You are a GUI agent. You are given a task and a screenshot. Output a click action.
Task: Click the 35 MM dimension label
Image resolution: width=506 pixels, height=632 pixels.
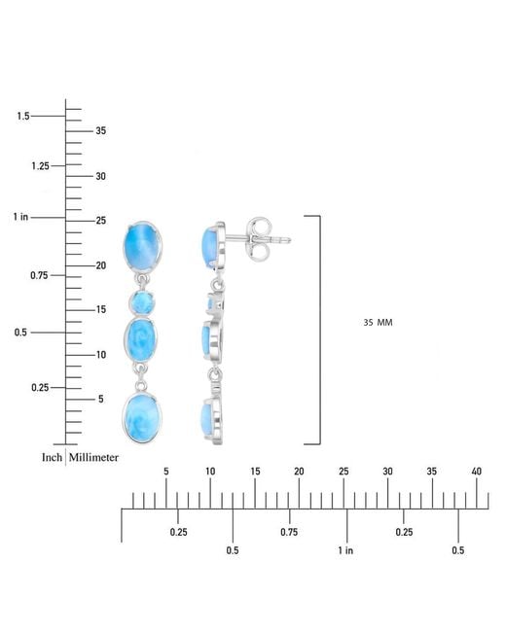[378, 323]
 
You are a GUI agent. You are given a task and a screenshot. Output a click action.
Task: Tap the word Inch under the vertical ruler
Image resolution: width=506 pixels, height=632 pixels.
[52, 458]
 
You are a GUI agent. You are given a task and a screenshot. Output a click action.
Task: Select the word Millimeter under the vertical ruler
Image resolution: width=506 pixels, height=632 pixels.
[93, 458]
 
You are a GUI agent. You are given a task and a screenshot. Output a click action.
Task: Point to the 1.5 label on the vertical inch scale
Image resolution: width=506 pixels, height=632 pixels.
[23, 116]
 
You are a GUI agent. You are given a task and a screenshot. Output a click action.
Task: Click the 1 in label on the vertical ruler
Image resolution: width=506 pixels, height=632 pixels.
[20, 217]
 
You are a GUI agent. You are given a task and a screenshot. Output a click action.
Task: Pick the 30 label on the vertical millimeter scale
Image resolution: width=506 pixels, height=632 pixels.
[101, 176]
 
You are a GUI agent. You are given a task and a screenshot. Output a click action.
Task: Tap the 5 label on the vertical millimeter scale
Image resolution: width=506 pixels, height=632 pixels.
[101, 399]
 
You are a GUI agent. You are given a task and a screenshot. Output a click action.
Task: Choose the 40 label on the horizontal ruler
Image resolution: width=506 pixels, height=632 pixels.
[477, 472]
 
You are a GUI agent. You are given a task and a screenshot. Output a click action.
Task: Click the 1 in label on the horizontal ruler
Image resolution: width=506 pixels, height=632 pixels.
[345, 550]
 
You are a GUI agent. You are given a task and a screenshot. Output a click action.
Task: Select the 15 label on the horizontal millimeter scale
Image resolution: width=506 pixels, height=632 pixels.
[255, 472]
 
